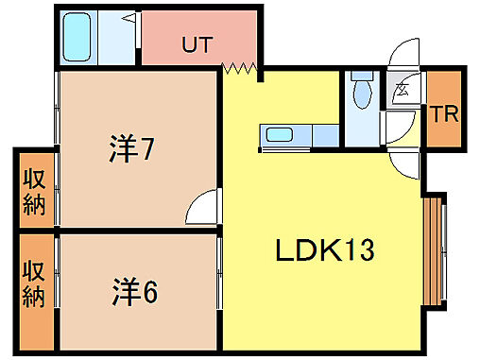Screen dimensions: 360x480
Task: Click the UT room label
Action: click(x=196, y=43)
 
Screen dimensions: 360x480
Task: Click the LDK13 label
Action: click(x=325, y=251)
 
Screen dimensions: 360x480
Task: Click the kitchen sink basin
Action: click(x=280, y=134)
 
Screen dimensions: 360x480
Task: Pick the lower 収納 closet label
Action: click(x=35, y=284)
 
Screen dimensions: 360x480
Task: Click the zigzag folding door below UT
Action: click(x=241, y=68)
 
